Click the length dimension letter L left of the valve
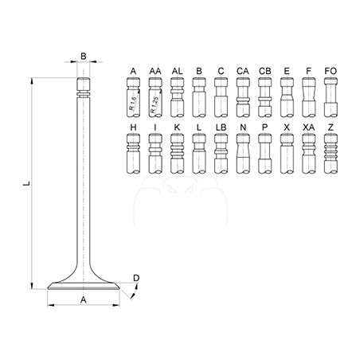tap(27, 183)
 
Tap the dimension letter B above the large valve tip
tap(84, 57)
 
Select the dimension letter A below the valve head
tap(84, 299)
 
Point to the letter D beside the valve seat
tap(136, 278)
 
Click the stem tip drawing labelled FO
tap(331, 97)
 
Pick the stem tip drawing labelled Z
tap(331, 154)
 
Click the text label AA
tap(155, 71)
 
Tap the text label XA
tap(308, 127)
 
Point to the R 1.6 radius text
tap(133, 104)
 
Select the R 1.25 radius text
tap(155, 104)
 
